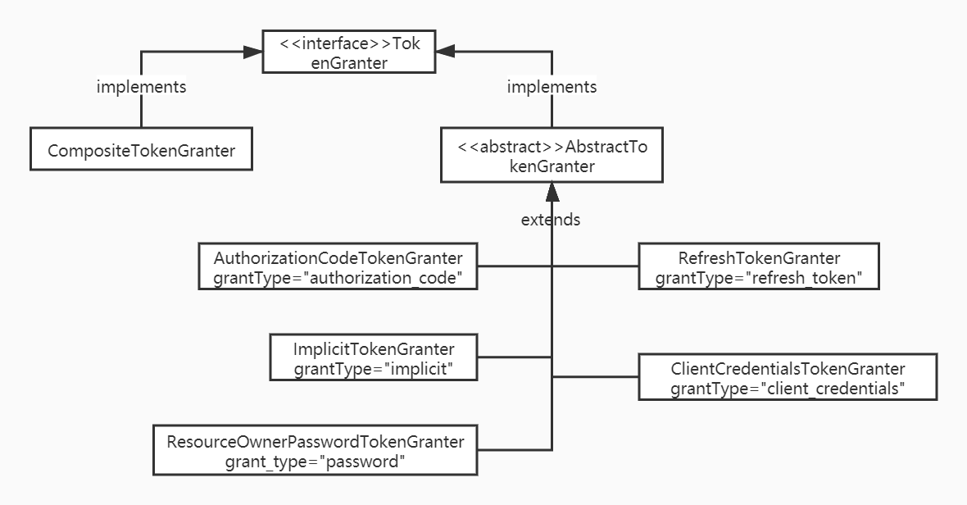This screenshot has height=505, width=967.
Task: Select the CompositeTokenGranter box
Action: pyautogui.click(x=141, y=150)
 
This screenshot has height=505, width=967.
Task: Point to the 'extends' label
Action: pyautogui.click(x=551, y=220)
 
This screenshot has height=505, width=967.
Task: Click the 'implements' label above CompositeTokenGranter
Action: pyautogui.click(x=141, y=86)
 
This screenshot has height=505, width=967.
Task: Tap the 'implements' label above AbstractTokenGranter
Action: pyautogui.click(x=552, y=86)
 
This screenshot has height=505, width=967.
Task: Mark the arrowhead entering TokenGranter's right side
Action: pyautogui.click(x=445, y=52)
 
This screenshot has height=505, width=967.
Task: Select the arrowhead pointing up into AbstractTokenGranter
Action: pyautogui.click(x=552, y=193)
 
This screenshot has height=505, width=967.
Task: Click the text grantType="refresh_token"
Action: pyautogui.click(x=758, y=277)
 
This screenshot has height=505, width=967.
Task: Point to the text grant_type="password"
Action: pyautogui.click(x=316, y=461)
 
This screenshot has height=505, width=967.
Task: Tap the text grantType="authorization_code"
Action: pyautogui.click(x=338, y=277)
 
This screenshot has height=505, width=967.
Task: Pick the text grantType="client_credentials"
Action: pyautogui.click(x=787, y=389)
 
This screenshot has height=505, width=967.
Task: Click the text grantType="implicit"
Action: pyautogui.click(x=374, y=369)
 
